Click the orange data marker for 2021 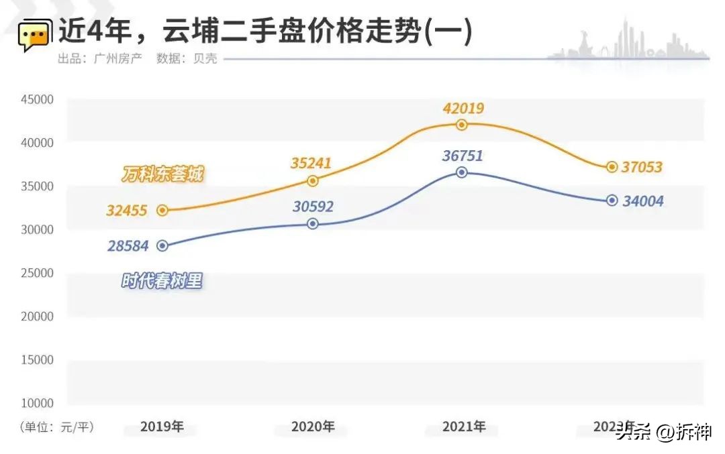coord(461,125)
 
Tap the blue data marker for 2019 coord(162,246)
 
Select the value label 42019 coord(463,108)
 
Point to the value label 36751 coord(463,156)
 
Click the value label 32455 coord(126,211)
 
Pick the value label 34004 coord(642,201)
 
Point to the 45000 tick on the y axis coord(36,99)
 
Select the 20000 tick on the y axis coord(36,316)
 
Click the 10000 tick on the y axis coord(36,403)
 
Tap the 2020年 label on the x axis coord(312,427)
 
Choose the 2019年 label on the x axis coord(162,427)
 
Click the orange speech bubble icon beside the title coord(34,36)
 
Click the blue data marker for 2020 coord(312,224)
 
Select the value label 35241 coord(311,163)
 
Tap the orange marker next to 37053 coord(612,167)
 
